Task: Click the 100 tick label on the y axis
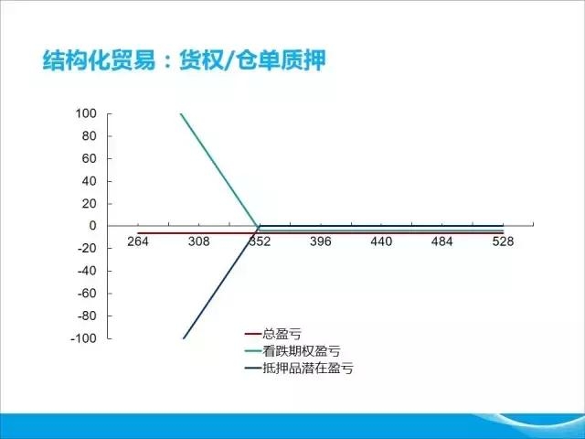(86, 113)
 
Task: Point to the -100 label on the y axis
(83, 338)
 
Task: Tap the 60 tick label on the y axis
(90, 158)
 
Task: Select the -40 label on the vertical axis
(87, 271)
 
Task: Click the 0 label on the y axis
(92, 226)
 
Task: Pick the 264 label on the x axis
(138, 241)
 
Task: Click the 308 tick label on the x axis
(198, 241)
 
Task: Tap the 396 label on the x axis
(321, 241)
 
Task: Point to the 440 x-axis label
(381, 241)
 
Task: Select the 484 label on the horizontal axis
(442, 241)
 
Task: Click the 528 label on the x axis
(503, 241)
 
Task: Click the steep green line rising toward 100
(219, 170)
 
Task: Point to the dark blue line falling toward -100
(220, 283)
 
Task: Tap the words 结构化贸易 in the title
(99, 59)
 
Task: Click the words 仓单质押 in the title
(282, 59)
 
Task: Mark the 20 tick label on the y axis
(90, 203)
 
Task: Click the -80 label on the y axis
(87, 316)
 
